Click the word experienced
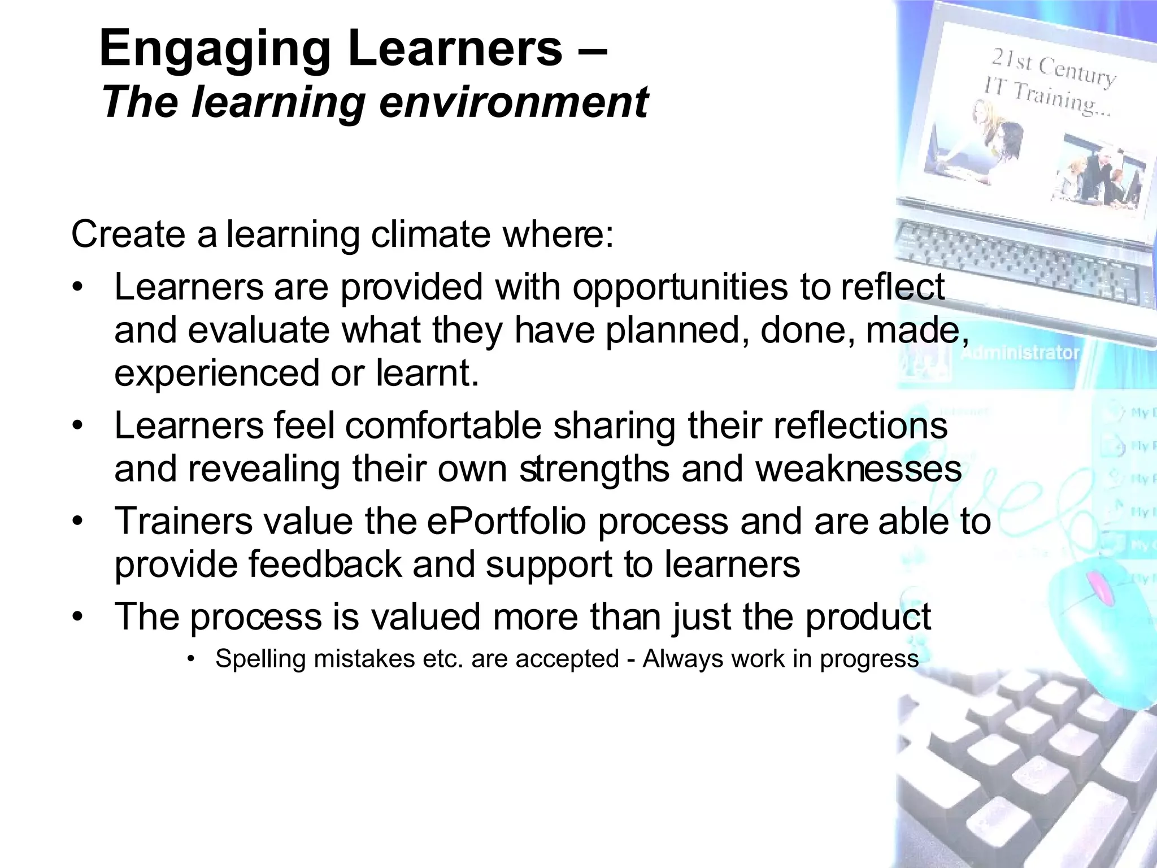pos(217,374)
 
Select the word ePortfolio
pos(506,521)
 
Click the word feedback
pos(324,564)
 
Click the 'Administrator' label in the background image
pos(1020,353)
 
